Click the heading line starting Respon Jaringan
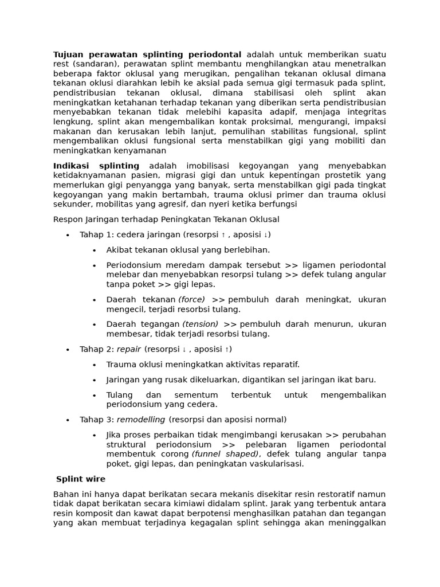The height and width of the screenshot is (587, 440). point(166,220)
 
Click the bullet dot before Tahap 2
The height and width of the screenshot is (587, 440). point(68,349)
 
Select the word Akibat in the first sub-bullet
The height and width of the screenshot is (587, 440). point(120,250)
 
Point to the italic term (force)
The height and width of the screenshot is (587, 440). point(191,300)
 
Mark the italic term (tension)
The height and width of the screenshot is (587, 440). point(200,324)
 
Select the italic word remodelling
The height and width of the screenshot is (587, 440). point(141,420)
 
